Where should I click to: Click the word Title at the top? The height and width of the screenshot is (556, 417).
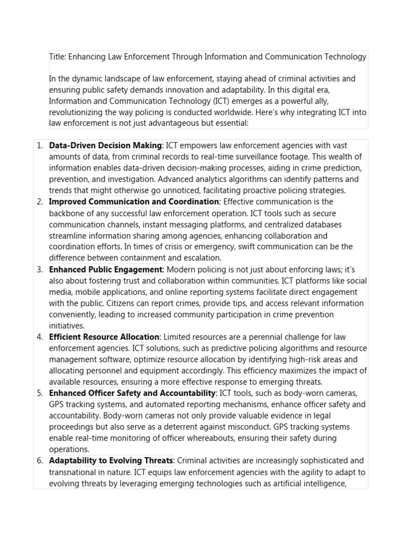pyautogui.click(x=57, y=56)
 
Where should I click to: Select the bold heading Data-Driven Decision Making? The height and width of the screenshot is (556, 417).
pyautogui.click(x=105, y=146)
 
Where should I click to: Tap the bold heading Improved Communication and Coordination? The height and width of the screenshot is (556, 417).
pyautogui.click(x=134, y=202)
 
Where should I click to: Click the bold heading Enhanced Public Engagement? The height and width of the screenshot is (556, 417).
pyautogui.click(x=105, y=269)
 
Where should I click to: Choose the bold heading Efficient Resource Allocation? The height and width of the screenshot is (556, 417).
pyautogui.click(x=104, y=337)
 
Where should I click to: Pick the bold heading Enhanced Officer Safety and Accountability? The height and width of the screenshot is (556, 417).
pyautogui.click(x=132, y=393)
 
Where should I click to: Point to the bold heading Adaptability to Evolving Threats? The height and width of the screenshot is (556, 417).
pyautogui.click(x=111, y=460)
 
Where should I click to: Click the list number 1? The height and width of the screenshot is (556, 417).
pyautogui.click(x=39, y=146)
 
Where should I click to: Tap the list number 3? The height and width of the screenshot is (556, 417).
pyautogui.click(x=39, y=269)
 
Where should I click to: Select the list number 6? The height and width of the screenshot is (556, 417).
pyautogui.click(x=39, y=460)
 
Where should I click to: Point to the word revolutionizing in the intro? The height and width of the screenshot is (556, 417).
pyautogui.click(x=76, y=112)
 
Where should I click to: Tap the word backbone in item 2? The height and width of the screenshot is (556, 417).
pyautogui.click(x=66, y=213)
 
